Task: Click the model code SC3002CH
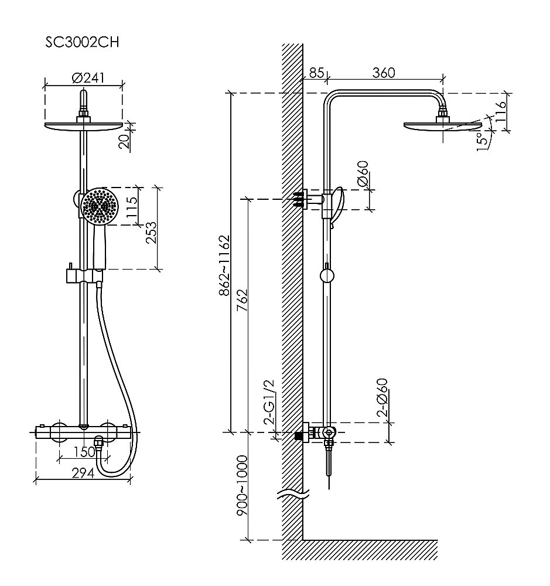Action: [x=82, y=43]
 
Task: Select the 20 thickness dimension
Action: [x=124, y=141]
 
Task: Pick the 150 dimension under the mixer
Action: [x=85, y=452]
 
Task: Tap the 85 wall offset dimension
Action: [x=316, y=73]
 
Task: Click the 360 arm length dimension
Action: [x=384, y=73]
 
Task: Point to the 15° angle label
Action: [x=481, y=141]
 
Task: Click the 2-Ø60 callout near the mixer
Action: [x=382, y=398]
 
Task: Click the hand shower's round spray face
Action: [x=99, y=206]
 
